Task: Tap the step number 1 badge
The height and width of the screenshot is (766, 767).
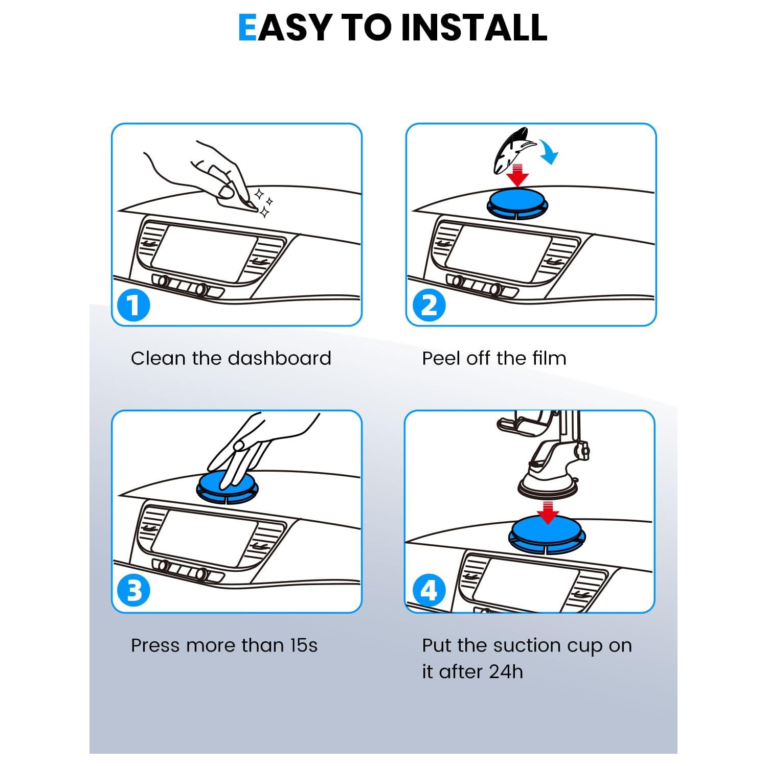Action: [133, 306]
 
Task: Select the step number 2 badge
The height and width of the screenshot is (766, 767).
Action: [429, 306]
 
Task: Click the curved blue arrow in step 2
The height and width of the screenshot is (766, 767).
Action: [550, 152]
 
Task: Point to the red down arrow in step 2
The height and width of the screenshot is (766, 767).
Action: [518, 175]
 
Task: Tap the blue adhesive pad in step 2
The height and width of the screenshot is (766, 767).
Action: [517, 203]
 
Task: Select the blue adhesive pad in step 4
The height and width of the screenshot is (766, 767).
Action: [547, 535]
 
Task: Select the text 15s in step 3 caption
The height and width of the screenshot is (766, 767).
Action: [304, 645]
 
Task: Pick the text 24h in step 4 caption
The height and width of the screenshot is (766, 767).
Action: [506, 672]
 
